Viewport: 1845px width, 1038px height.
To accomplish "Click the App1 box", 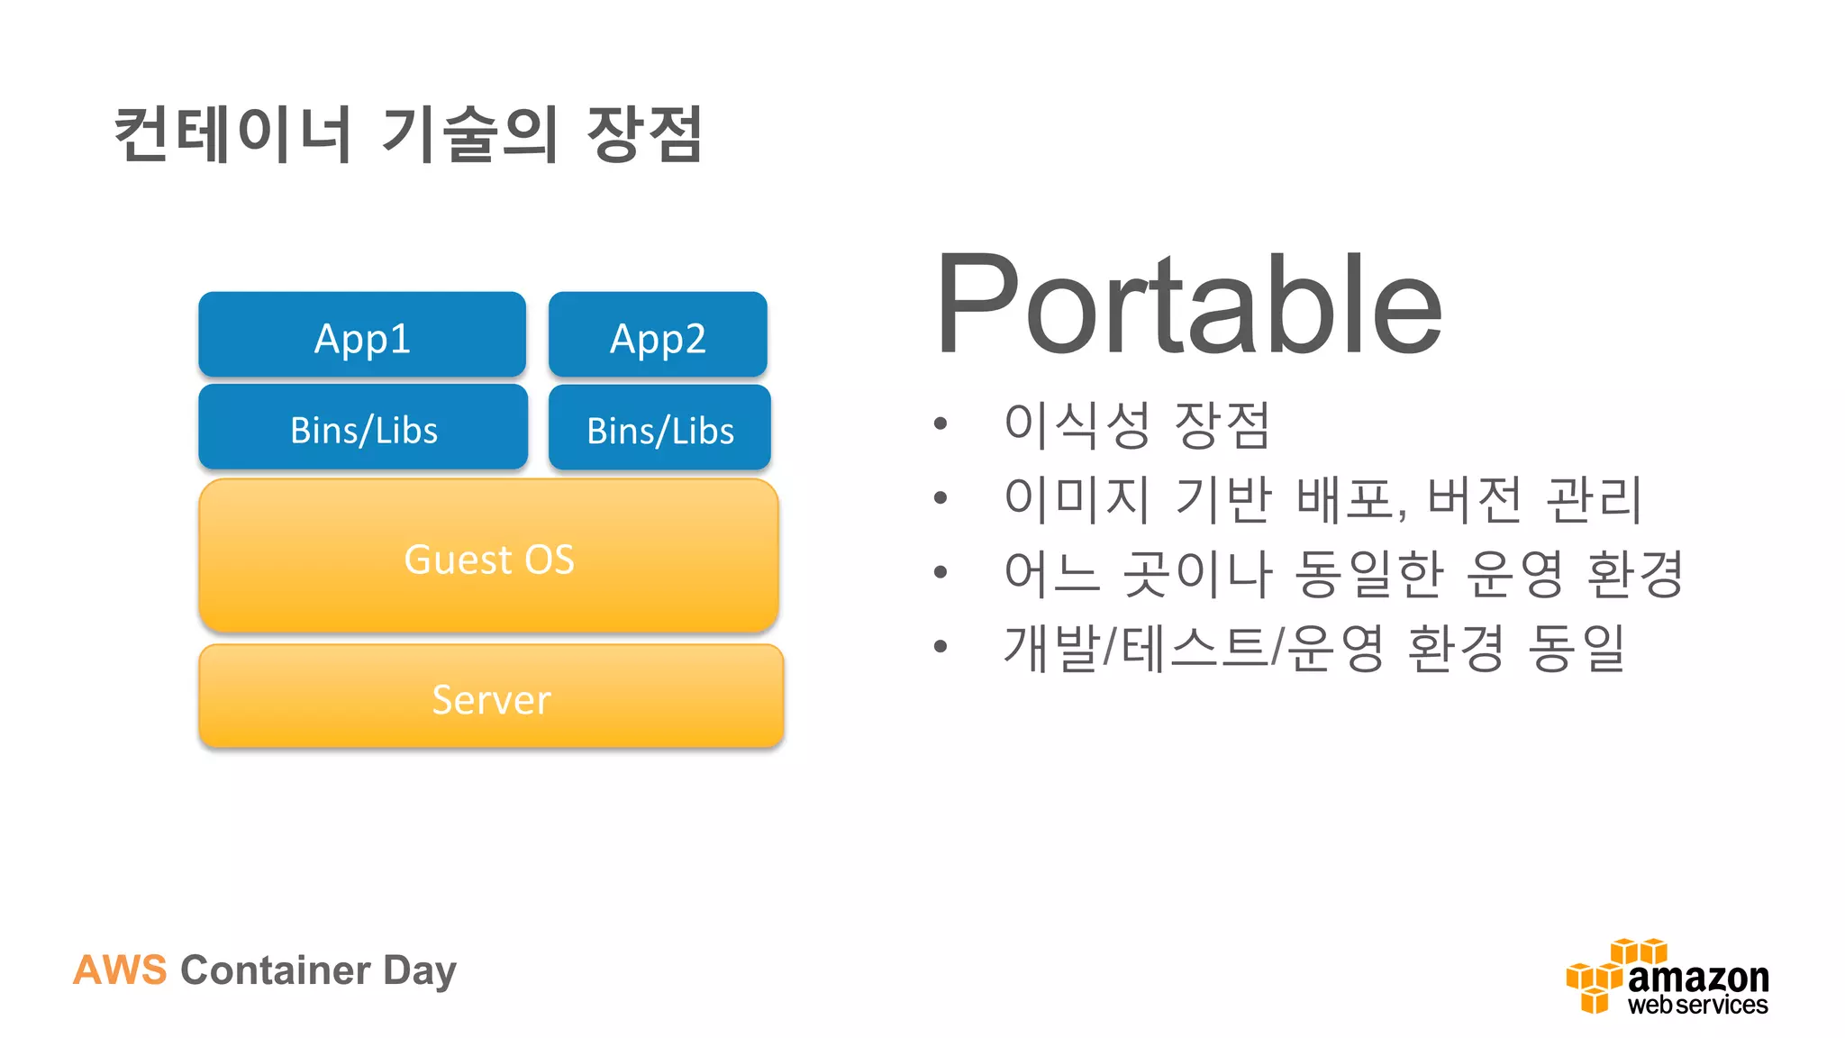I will coord(362,335).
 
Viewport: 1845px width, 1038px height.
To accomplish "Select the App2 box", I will coord(658,335).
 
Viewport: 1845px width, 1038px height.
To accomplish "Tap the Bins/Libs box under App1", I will coord(363,428).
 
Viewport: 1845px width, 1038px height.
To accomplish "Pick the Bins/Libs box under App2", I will coord(659,429).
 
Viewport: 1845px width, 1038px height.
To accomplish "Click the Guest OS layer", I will coord(488,557).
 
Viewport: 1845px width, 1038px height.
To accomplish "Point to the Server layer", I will coord(491,697).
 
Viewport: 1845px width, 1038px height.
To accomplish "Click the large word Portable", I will coord(1189,306).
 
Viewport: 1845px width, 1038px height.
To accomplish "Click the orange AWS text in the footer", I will coord(120,970).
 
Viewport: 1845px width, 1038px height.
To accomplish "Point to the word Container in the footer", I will coord(275,970).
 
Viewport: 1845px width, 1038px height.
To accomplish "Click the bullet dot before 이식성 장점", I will coord(941,423).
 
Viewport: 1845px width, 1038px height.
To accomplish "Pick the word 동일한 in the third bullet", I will coord(1369,573).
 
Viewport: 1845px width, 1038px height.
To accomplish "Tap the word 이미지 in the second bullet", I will coord(1077,498).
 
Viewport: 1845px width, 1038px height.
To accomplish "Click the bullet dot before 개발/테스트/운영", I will coord(941,646).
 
